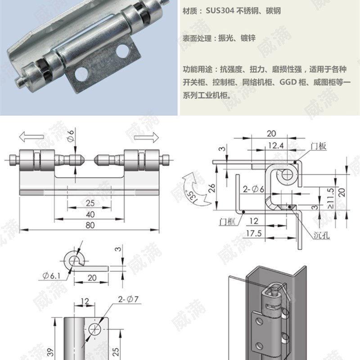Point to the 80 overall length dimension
click(x=90, y=225)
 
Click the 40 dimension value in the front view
click(x=90, y=214)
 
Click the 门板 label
click(x=318, y=146)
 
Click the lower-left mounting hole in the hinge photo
click(x=81, y=74)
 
